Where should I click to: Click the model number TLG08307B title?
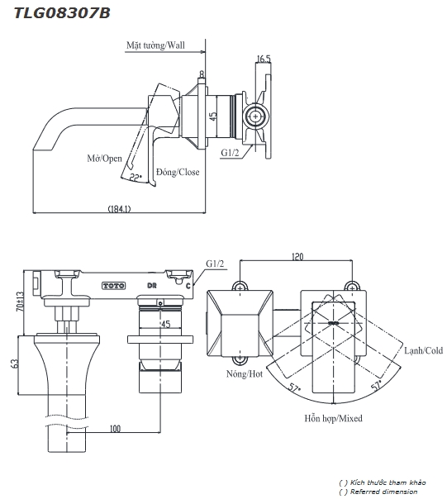pos(62,13)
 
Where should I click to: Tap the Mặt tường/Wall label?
pos(155,45)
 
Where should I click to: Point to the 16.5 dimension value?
pos(264,59)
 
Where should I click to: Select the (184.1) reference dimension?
pos(119,209)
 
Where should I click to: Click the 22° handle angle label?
pos(136,177)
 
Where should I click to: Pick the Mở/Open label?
pos(104,158)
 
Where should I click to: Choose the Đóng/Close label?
pos(178,172)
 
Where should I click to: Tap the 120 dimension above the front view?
pos(297,256)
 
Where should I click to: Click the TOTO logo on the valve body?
pos(114,286)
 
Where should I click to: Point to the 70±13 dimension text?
pos(21,302)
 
